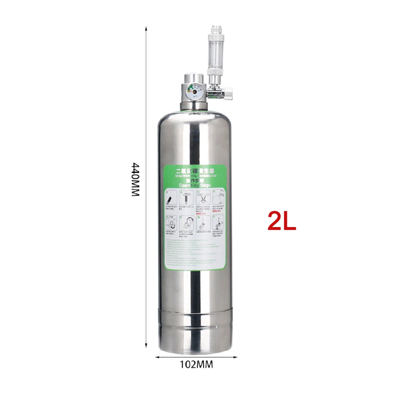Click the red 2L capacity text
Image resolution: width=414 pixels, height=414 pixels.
(x=282, y=221)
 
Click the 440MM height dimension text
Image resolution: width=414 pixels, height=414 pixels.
(x=136, y=180)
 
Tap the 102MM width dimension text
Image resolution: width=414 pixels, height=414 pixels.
(x=196, y=364)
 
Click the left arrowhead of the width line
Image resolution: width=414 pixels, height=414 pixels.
(x=157, y=357)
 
